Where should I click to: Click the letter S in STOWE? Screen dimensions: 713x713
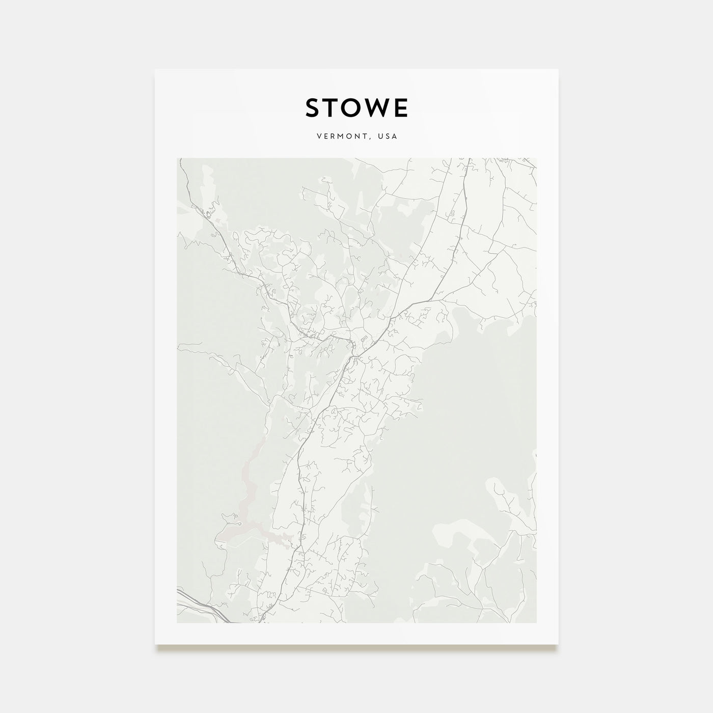(313, 108)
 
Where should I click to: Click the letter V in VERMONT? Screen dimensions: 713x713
(318, 136)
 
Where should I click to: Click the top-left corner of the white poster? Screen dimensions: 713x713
(155, 69)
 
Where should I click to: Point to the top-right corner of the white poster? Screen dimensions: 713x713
(558, 69)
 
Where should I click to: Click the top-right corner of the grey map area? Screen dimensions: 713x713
(536, 158)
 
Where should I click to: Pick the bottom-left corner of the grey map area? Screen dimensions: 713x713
(177, 622)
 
